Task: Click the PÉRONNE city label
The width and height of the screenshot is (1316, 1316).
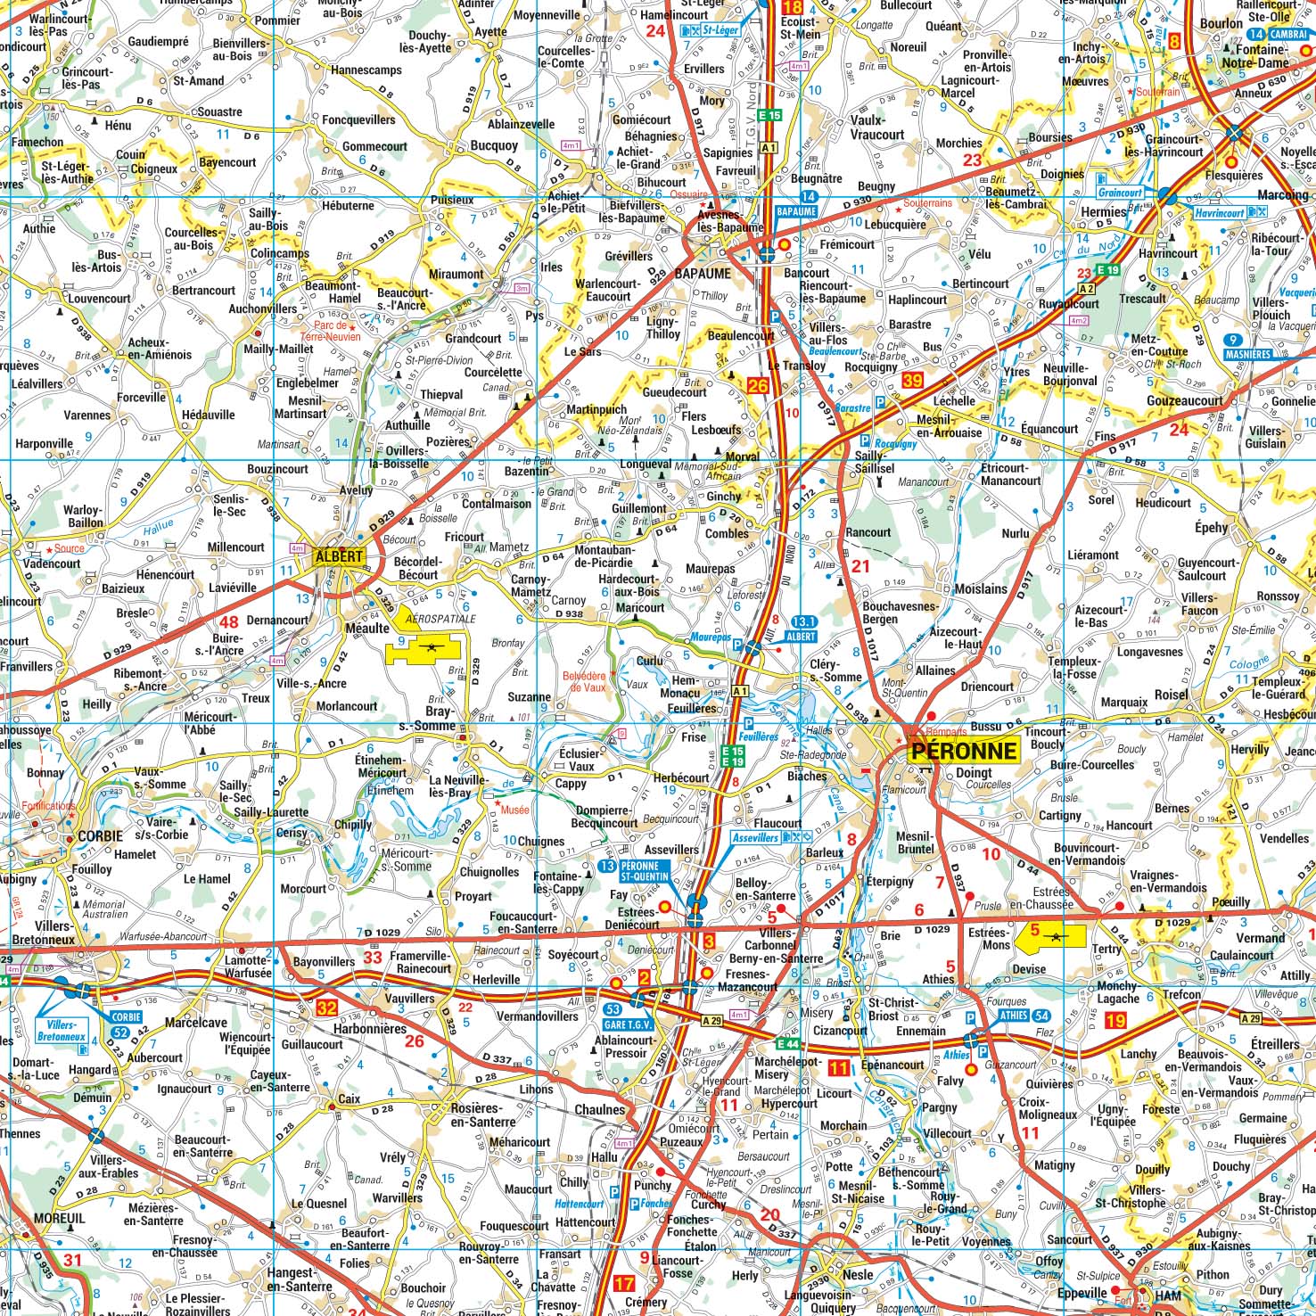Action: click(964, 750)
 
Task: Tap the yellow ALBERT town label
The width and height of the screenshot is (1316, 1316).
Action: click(339, 556)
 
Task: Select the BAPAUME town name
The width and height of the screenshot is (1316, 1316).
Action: click(703, 274)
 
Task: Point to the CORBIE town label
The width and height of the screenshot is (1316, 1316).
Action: click(101, 836)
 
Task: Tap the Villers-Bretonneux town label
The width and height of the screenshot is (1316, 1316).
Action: click(56, 933)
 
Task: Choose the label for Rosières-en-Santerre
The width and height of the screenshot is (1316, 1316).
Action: click(482, 1114)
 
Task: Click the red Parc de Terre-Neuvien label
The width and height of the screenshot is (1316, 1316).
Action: click(330, 331)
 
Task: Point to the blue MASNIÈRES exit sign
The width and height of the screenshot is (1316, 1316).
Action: click(1247, 347)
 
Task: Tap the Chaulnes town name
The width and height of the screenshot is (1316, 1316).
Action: click(599, 1110)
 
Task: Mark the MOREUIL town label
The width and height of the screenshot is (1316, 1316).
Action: click(59, 1218)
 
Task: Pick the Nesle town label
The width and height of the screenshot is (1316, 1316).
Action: click(858, 1275)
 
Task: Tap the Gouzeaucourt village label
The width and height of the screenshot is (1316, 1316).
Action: click(1184, 401)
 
